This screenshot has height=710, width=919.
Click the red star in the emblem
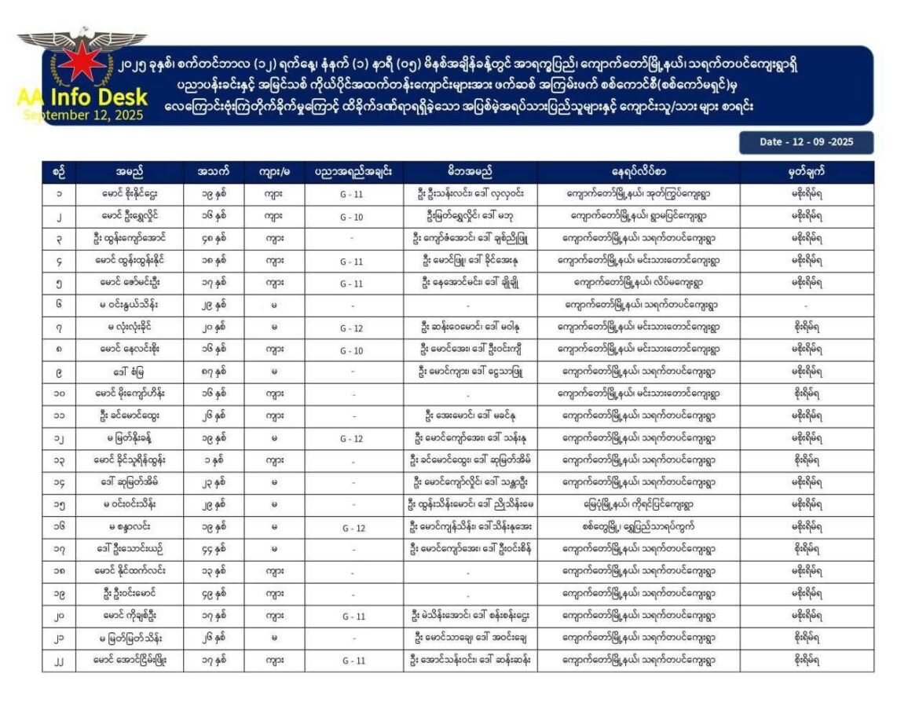pyautogui.click(x=81, y=61)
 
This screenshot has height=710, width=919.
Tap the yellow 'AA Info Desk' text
pyautogui.click(x=82, y=97)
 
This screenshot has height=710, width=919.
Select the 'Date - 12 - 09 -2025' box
pyautogui.click(x=806, y=142)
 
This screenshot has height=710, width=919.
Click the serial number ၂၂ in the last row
pyautogui.click(x=59, y=661)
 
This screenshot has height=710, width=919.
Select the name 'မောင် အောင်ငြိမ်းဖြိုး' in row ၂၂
pyautogui.click(x=130, y=661)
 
